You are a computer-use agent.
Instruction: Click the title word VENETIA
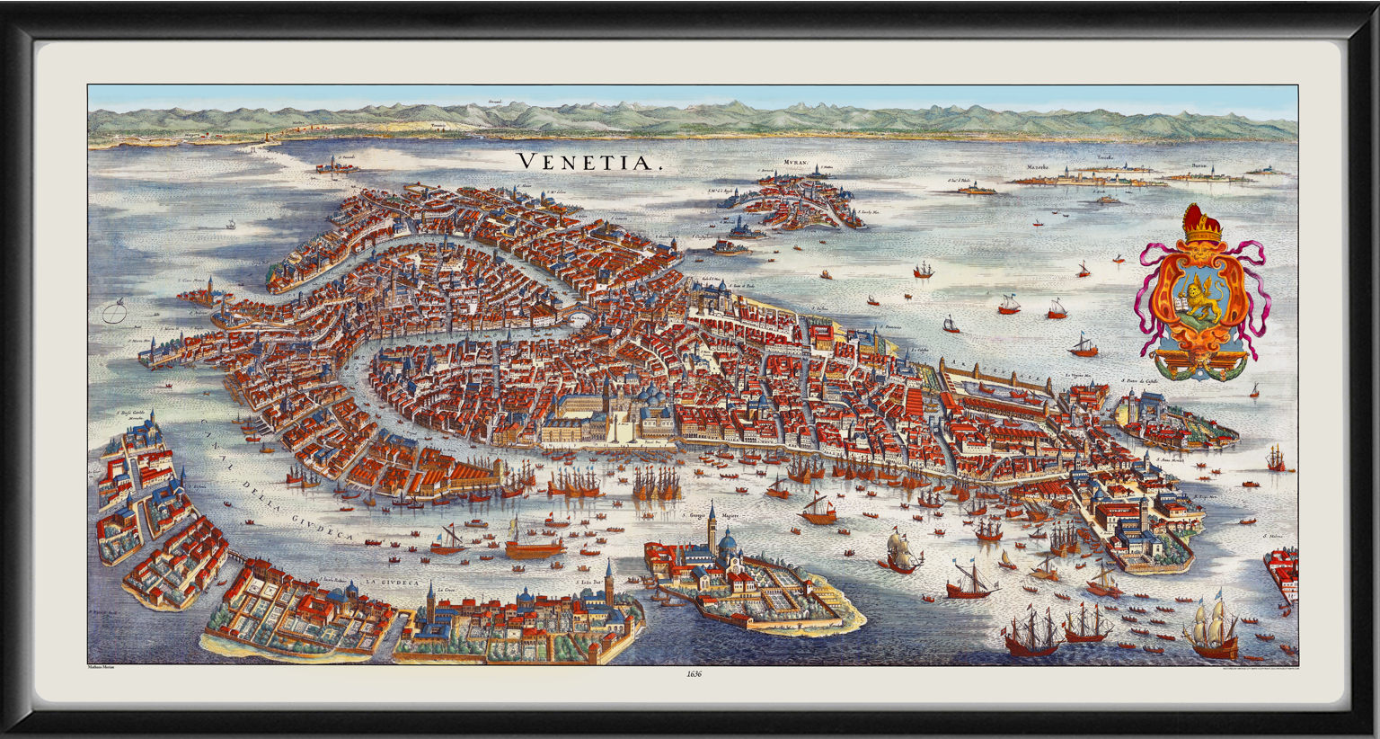(588, 162)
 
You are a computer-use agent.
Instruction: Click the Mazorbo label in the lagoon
(1037, 167)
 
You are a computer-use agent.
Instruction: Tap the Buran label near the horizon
(1199, 166)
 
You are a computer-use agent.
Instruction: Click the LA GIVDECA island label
(393, 583)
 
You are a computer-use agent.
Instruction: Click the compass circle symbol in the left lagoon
(113, 314)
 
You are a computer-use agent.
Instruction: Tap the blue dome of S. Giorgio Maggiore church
(728, 541)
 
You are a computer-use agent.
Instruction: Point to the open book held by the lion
(1181, 306)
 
